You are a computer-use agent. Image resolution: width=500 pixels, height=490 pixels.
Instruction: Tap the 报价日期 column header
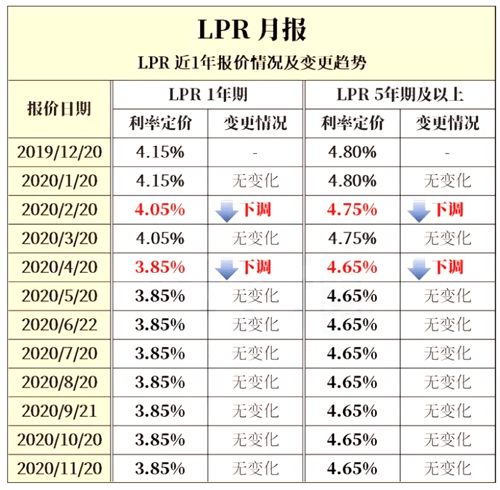pos(59,108)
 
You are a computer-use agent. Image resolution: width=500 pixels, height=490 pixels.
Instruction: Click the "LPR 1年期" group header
pos(208,95)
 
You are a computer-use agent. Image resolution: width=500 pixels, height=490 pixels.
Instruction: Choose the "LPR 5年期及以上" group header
pos(400,95)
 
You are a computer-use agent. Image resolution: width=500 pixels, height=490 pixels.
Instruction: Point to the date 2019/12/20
pos(59,152)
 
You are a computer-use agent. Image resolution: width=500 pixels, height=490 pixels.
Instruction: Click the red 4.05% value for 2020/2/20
pos(160,210)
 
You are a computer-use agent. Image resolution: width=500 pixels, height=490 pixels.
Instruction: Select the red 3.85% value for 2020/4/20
pos(160,268)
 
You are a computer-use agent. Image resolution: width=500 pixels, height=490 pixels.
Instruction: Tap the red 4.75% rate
pos(352,210)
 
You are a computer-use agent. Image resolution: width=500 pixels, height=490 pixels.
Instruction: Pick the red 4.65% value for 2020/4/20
pos(352,268)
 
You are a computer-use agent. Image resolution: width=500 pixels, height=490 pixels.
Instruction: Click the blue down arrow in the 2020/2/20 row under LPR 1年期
pos(227,212)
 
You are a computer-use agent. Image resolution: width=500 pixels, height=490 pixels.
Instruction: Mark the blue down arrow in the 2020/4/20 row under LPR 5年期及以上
pos(419,270)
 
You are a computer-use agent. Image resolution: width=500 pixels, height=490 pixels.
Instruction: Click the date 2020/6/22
pos(59,325)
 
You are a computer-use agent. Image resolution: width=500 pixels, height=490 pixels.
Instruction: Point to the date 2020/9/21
pos(59,411)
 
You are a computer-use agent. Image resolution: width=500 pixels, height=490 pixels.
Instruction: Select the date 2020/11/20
pos(59,468)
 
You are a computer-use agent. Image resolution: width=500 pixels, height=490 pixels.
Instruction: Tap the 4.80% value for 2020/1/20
pos(352,181)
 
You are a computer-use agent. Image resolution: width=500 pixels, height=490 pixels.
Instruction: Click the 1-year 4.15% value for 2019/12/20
pos(160,152)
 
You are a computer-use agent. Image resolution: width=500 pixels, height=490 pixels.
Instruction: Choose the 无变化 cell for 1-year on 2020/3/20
pos(255,239)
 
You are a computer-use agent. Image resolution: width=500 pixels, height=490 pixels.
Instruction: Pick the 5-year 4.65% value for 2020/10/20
pos(352,439)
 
